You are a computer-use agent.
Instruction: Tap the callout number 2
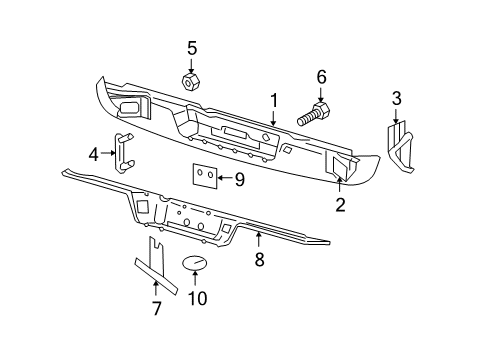(x=340, y=205)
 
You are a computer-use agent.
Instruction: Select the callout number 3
(x=396, y=97)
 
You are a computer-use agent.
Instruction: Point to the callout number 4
(x=94, y=154)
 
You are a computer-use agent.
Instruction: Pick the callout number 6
(x=322, y=77)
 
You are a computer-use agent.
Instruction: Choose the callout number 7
(x=156, y=308)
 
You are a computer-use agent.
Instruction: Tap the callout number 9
(x=239, y=180)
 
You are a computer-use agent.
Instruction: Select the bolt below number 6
(x=312, y=112)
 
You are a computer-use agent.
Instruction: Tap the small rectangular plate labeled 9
(x=205, y=176)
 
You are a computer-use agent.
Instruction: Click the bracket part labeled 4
(x=123, y=151)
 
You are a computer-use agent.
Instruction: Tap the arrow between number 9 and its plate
(x=226, y=180)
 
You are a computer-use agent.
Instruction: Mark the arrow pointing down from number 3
(x=396, y=114)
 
